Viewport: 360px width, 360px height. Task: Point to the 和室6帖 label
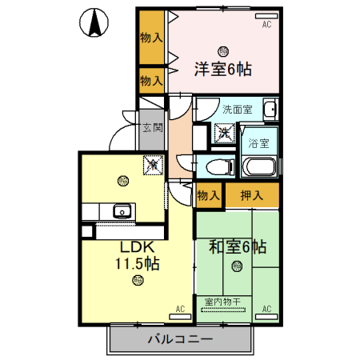tap(238, 246)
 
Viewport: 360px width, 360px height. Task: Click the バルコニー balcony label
tap(180, 340)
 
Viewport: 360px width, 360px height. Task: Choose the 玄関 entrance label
tap(151, 127)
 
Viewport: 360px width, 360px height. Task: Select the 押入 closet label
tap(251, 194)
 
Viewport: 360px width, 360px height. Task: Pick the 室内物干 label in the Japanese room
tap(225, 302)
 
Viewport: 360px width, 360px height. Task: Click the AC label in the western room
tap(266, 25)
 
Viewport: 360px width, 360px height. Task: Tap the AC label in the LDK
tap(180, 308)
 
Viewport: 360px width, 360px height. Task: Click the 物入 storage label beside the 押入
tap(208, 194)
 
